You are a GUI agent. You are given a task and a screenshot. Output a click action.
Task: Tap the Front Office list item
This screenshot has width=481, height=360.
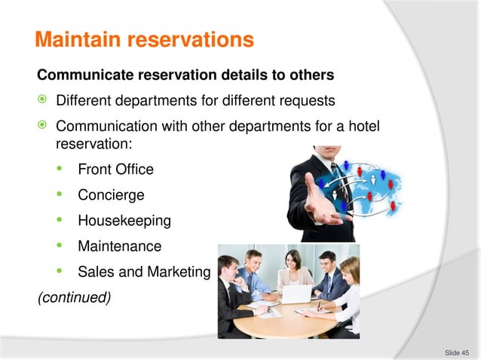coord(115,169)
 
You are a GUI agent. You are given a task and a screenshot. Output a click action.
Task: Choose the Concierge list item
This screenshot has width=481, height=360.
coord(111,195)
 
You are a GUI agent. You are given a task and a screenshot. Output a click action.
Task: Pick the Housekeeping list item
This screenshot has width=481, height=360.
coord(124,221)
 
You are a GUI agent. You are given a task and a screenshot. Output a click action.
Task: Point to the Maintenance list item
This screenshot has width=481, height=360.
coord(119,246)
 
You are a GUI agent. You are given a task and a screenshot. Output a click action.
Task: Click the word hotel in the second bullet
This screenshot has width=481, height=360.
coord(363,125)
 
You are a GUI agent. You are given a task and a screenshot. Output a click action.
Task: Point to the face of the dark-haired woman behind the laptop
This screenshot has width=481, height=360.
coord(291,261)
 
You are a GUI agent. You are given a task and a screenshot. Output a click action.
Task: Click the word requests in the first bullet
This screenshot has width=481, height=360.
coord(309,100)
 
